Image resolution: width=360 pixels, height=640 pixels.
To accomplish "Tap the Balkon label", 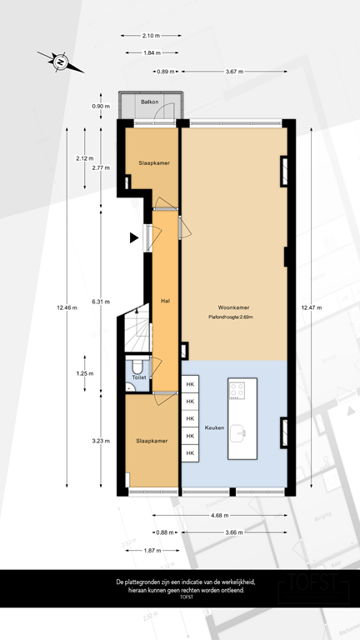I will [x=150, y=102].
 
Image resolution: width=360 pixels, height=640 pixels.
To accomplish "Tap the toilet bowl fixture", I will [x=137, y=365].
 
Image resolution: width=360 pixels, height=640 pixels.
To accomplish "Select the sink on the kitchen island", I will [x=240, y=431].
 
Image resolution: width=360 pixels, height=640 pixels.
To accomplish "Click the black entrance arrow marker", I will [x=133, y=238].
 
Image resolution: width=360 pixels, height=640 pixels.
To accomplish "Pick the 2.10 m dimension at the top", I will [x=151, y=36].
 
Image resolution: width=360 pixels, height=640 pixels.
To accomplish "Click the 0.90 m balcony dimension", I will [x=100, y=106].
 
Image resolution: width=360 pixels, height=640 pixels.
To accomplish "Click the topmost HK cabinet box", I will [x=191, y=384].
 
